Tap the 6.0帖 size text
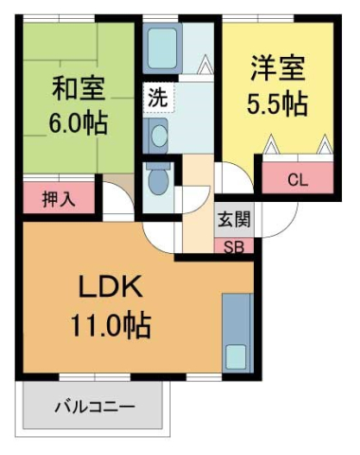tap(79, 122)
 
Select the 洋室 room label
tap(279, 69)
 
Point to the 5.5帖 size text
tap(279, 101)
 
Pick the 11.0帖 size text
tap(109, 326)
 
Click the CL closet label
tap(297, 178)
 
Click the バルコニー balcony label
tap(93, 406)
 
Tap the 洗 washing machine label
tap(156, 97)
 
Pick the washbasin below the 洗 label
tap(156, 134)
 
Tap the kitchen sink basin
tap(235, 356)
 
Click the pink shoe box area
tap(234, 246)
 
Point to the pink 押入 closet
tap(57, 200)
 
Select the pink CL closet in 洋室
tap(297, 178)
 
